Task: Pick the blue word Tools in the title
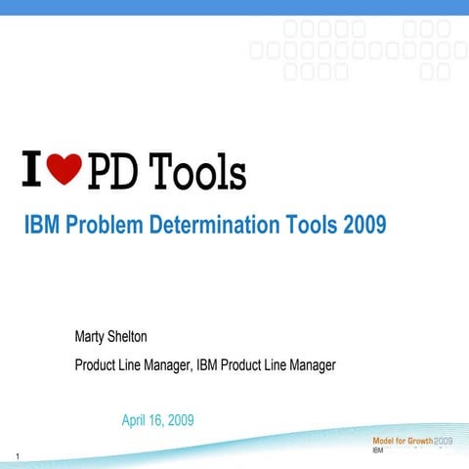click(x=311, y=226)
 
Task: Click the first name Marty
click(x=92, y=338)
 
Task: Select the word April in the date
click(x=136, y=420)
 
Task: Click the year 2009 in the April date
click(x=180, y=420)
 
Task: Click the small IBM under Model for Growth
click(x=377, y=450)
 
